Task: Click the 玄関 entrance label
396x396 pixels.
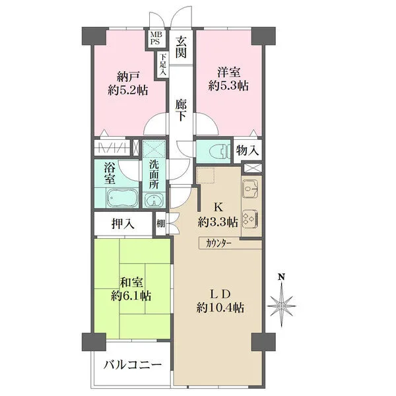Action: pos(181,47)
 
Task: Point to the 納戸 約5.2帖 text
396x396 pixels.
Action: pos(128,83)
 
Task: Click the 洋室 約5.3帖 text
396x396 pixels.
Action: pos(228,79)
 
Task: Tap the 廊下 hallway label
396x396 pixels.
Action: pos(181,110)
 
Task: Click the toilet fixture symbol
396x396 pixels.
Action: pos(220,152)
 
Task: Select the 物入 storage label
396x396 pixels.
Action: pos(247,150)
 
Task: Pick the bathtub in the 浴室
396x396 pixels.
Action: pos(123,198)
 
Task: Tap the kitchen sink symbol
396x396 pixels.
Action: pos(251,189)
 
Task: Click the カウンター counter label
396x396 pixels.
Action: pos(218,244)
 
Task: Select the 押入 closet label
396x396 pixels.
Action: pos(123,224)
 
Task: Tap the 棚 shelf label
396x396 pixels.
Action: pos(160,224)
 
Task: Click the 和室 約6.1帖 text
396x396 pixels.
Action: pos(131,289)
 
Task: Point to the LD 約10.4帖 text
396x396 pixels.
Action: pos(220,301)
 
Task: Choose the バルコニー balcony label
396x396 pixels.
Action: pos(133,365)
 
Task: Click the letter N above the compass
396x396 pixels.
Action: pos(281,277)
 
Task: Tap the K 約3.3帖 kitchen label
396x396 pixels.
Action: pos(218,215)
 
